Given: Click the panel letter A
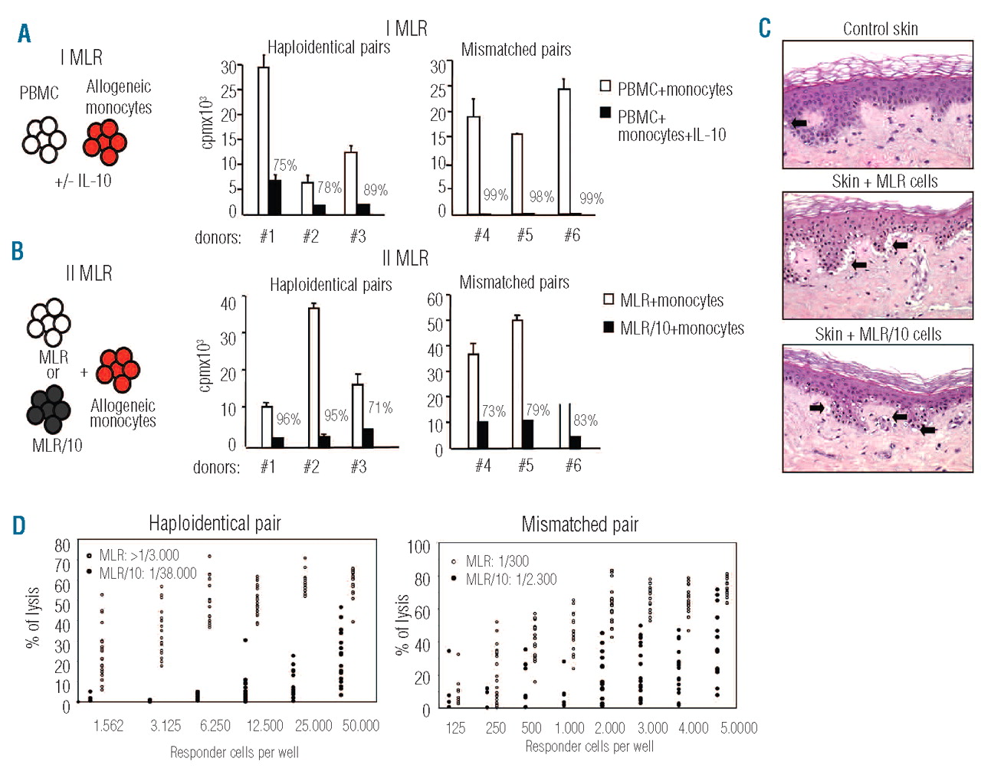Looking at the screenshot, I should tap(25, 34).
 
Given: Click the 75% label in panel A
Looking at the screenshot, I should tap(284, 165).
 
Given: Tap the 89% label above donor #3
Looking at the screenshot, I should tap(376, 190).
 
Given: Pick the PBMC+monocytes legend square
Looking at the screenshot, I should tap(605, 86).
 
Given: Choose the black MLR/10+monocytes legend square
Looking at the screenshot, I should tap(609, 327).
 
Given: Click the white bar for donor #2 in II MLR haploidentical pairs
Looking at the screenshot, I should tap(313, 376).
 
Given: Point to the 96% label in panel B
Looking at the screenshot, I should tap(288, 419).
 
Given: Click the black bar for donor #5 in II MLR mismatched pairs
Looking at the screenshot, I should tap(528, 433).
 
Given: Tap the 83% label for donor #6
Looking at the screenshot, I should tap(586, 420).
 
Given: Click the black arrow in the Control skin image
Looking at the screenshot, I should tap(799, 123).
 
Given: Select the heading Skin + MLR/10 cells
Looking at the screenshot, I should tap(878, 335).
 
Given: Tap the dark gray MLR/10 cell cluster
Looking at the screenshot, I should tap(49, 408).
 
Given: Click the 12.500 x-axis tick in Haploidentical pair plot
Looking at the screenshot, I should tap(264, 725).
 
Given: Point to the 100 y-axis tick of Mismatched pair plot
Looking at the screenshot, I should tap(418, 547).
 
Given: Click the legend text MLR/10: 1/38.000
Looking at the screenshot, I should tap(147, 574).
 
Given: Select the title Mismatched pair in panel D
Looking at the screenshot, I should tap(579, 525).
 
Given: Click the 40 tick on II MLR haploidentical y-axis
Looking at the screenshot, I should tap(228, 303).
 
